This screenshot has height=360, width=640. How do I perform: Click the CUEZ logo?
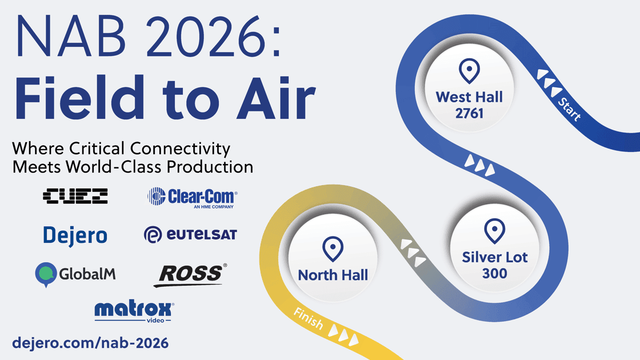pos(75,196)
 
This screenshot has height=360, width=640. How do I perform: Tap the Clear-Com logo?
pos(192,198)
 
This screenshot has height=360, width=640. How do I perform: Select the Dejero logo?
pos(75,235)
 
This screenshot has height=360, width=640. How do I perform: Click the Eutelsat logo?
pos(190,235)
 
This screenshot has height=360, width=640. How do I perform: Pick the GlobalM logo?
pos(75,274)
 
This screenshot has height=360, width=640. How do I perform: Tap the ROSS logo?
pos(190,275)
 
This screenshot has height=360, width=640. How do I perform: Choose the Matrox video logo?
pos(134,312)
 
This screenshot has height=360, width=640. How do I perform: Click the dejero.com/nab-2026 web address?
pos(90,343)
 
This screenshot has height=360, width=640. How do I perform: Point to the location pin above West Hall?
pos(469,71)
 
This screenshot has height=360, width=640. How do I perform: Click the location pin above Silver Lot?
pos(495,231)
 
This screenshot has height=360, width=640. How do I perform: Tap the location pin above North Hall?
pos(333,249)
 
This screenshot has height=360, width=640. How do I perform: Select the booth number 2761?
pos(469,114)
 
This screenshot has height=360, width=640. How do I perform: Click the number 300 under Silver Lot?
pos(495,274)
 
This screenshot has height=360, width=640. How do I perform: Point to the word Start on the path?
pos(569,110)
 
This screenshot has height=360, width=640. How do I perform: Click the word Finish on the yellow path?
pos(309,318)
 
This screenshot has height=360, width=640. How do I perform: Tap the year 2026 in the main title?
pos(206,37)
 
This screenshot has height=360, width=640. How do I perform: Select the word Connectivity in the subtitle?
pos(181,149)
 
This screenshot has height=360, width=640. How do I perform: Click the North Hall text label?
pos(333,275)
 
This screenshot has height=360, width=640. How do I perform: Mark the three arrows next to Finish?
pos(343,335)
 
